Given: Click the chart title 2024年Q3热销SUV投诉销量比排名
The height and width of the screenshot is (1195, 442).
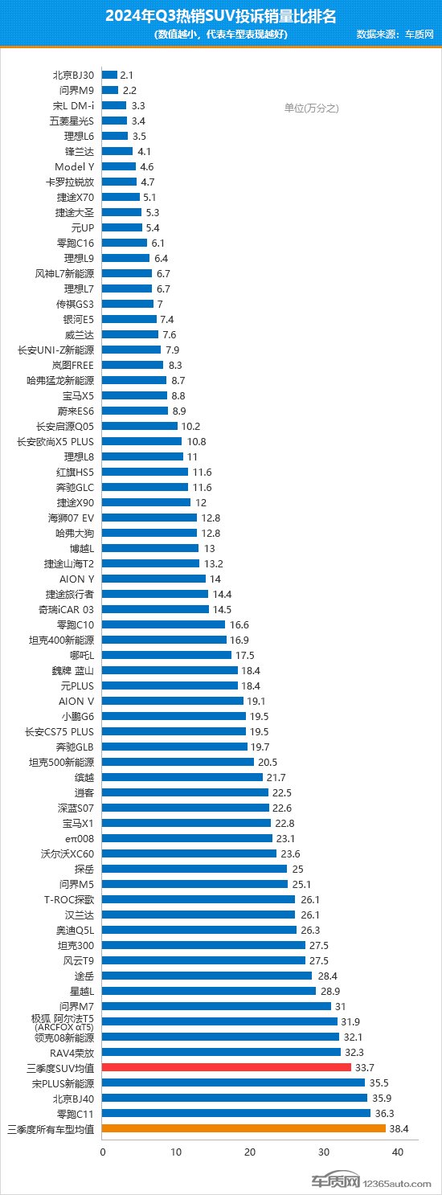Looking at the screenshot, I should click(221, 16).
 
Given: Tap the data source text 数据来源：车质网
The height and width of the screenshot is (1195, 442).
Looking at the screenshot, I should click(395, 35).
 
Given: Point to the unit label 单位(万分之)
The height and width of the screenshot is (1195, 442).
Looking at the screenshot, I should click(312, 108).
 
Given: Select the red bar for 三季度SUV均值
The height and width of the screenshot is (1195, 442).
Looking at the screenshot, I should click(227, 1067).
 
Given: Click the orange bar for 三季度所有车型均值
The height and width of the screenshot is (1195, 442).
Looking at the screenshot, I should click(244, 1128).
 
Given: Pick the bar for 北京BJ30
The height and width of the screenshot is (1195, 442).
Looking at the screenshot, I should click(110, 75).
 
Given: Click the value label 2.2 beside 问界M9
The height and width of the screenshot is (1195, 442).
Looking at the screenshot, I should click(129, 90).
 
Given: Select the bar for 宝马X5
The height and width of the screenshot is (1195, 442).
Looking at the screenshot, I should click(135, 395).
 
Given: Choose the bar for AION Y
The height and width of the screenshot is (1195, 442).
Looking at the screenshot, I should click(154, 579).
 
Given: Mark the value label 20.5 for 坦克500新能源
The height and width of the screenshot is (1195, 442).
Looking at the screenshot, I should click(268, 762).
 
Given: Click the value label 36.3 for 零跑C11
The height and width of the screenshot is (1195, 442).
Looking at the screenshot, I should click(383, 1113).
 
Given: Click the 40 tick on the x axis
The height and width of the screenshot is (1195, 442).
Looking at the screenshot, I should click(397, 1152).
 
